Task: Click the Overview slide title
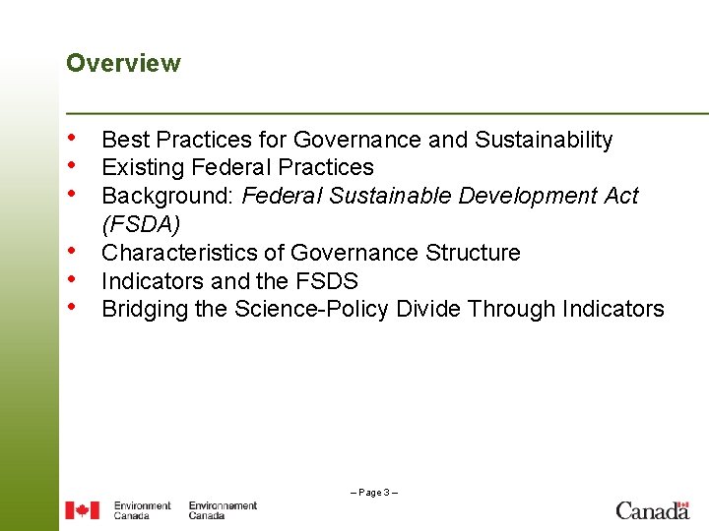123,64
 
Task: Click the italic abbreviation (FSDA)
141,224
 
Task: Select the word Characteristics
182,253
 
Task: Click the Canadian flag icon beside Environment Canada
82,510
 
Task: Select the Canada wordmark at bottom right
652,509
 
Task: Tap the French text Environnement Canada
223,510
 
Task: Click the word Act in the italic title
620,197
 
